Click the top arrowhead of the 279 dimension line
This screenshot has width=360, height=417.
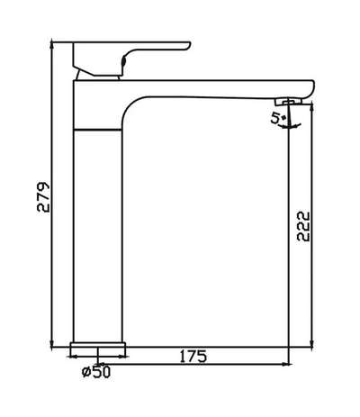pos(56,44)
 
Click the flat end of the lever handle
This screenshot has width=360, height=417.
pos(187,43)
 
